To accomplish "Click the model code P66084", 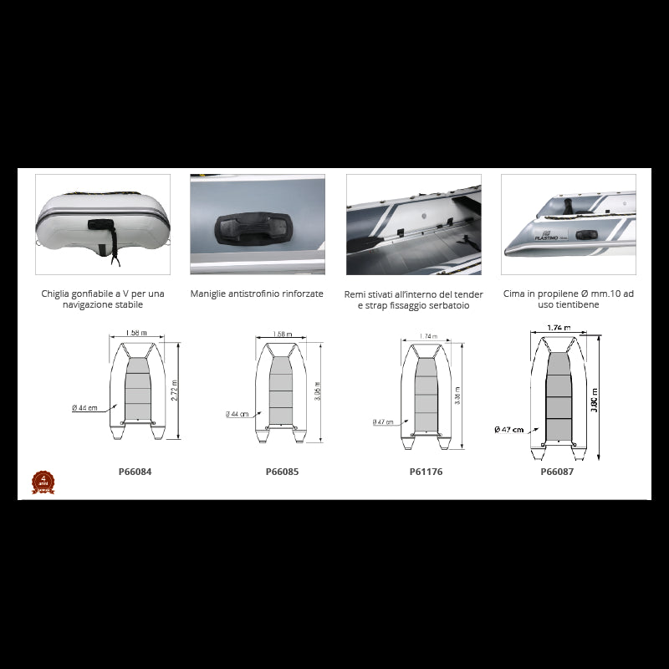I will point(135,471).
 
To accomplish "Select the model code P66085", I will point(282,471).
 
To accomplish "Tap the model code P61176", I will point(426,472).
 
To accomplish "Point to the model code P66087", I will point(557,471).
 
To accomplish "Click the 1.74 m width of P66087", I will point(557,328).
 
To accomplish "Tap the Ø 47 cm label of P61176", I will point(384,422).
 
